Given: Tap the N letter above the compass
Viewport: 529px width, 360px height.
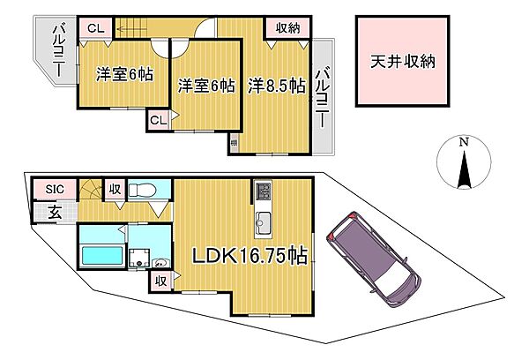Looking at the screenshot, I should pyautogui.click(x=463, y=141).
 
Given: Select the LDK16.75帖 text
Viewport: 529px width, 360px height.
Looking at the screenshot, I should pyautogui.click(x=250, y=256).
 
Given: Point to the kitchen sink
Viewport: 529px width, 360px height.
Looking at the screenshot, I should pyautogui.click(x=263, y=221).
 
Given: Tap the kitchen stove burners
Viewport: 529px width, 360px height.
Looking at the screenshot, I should pyautogui.click(x=263, y=191).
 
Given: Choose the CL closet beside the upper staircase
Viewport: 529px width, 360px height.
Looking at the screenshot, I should pyautogui.click(x=95, y=29).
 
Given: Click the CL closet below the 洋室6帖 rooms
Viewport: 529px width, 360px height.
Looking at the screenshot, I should pyautogui.click(x=158, y=119).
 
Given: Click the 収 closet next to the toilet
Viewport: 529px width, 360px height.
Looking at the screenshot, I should pyautogui.click(x=115, y=188).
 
